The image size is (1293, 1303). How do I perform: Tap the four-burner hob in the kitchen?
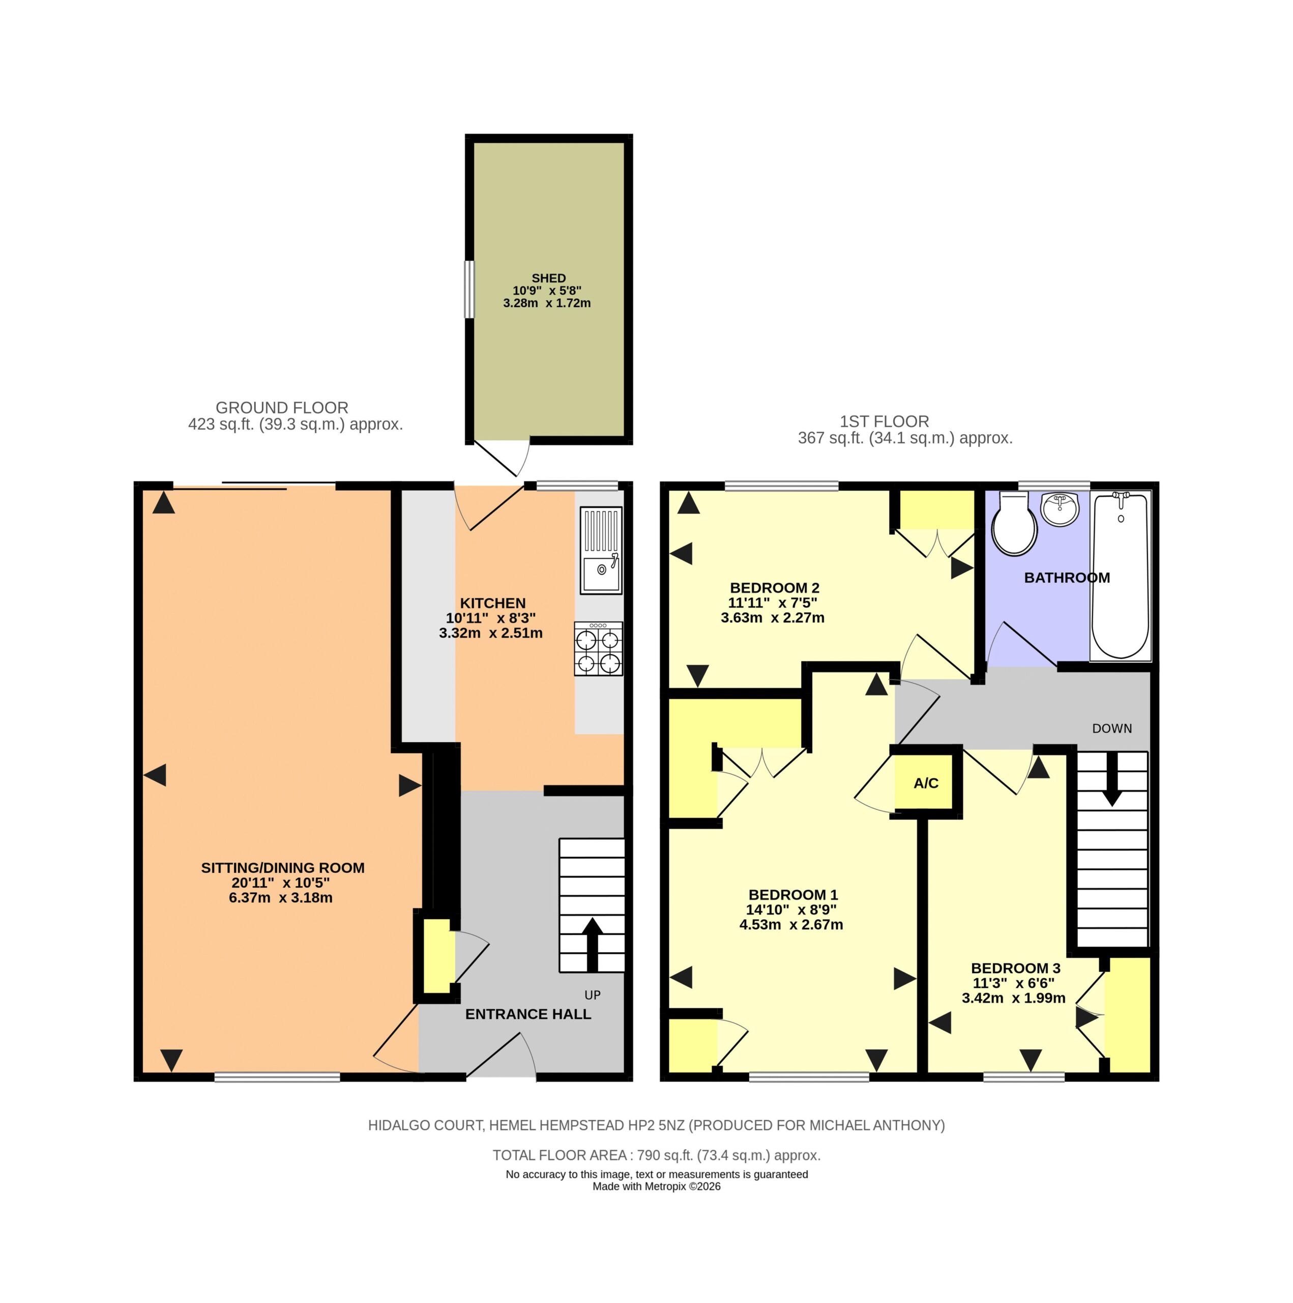click(598, 649)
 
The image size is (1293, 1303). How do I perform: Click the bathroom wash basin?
click(1060, 509)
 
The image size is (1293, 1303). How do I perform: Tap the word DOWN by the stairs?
click(1111, 728)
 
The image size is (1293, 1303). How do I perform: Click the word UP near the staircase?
click(593, 995)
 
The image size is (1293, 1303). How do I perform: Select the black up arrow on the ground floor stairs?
click(593, 944)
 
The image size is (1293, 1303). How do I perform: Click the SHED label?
click(549, 278)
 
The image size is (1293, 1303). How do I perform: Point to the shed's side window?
click(468, 289)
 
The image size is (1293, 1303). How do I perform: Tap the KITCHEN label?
click(493, 603)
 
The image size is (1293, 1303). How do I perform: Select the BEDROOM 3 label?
click(1016, 968)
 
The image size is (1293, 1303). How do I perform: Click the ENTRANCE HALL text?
click(528, 1014)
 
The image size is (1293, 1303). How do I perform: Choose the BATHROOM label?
click(1067, 577)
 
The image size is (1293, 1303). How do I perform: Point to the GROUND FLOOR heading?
click(282, 407)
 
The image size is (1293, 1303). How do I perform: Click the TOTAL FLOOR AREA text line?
click(657, 1155)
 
